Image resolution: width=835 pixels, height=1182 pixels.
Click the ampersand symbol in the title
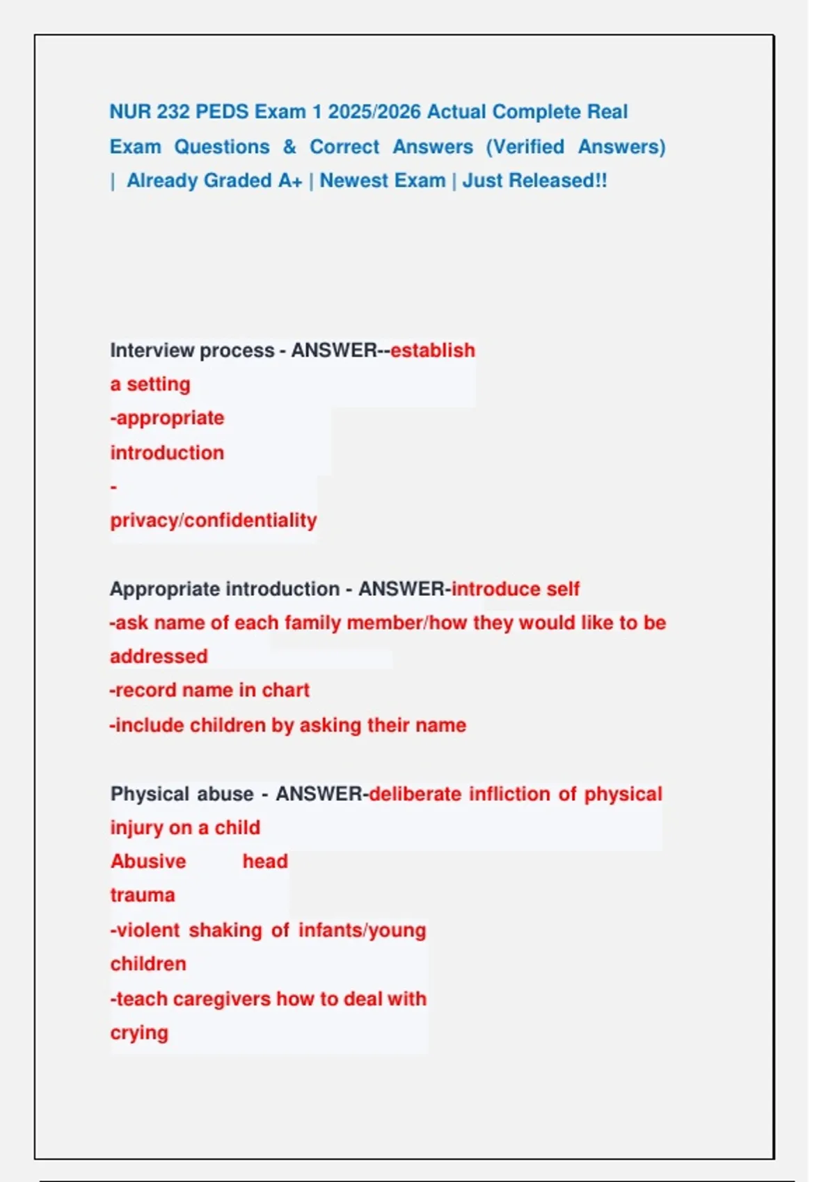(x=289, y=147)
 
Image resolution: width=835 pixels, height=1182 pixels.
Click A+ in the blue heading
(x=289, y=181)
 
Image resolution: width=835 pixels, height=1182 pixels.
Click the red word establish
(x=432, y=350)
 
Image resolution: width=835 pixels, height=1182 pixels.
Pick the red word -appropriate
(x=167, y=418)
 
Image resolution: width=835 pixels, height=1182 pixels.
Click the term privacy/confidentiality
(x=213, y=520)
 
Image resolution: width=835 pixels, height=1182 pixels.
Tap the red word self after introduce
(x=562, y=589)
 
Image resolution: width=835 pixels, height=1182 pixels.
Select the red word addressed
(x=159, y=656)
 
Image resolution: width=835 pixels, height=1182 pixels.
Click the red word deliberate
(x=415, y=794)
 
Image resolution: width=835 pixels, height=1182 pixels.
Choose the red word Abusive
(x=148, y=861)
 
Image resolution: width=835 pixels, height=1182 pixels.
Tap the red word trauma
(x=142, y=895)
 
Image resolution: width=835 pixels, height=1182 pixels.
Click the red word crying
(x=139, y=1033)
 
